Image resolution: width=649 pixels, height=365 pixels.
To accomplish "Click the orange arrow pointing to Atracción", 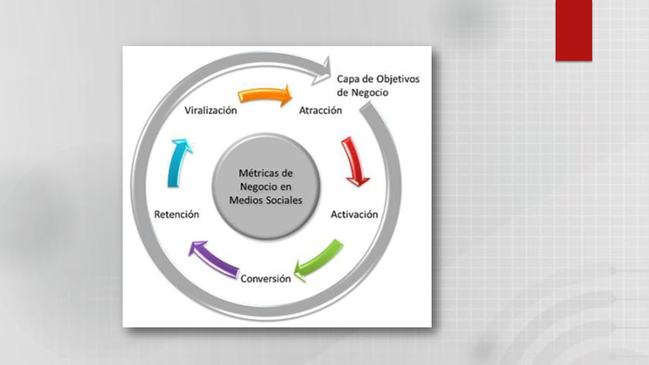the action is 265,96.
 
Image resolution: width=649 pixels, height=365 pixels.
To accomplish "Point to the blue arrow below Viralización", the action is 178,163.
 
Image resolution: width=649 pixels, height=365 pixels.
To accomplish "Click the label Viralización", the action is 211,110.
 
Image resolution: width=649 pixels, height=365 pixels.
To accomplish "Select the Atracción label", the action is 320,110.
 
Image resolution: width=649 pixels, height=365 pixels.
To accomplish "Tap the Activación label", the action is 354,214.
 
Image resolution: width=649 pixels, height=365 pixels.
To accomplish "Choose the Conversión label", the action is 266,278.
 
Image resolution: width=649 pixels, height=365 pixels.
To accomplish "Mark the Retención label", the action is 177,214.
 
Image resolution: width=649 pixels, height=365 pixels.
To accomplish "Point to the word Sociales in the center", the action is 283,200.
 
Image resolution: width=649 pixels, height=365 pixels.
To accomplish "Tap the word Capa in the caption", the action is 348,79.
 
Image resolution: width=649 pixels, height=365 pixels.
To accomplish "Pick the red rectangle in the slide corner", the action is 574,30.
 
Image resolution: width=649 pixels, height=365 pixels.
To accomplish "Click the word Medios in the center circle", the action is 247,200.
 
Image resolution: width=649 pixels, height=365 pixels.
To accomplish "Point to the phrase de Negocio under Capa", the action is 363,93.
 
